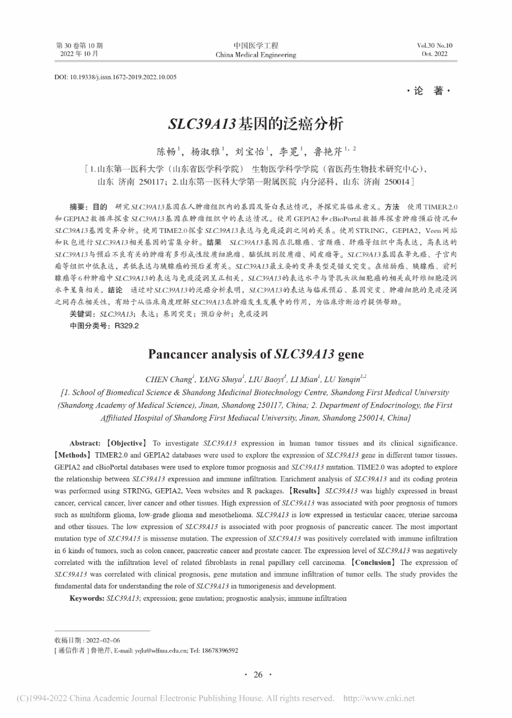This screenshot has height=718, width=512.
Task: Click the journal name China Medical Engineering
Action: [255, 55]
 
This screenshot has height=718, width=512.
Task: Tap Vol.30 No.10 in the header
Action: [435, 46]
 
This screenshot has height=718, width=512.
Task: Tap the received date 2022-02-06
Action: [102, 640]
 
